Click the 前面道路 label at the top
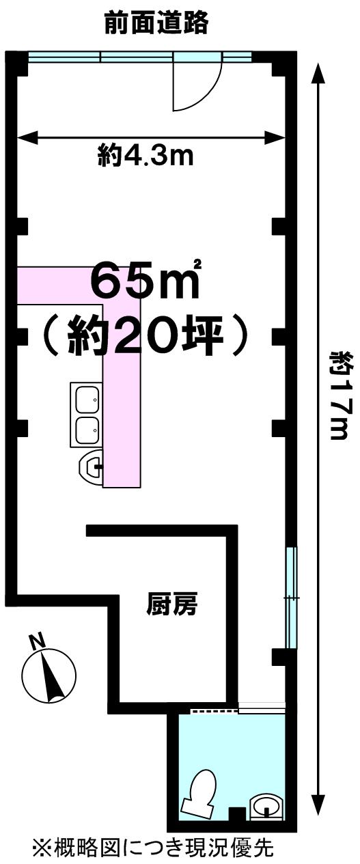coord(156,23)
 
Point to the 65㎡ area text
coord(146,281)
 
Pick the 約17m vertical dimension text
coord(339,395)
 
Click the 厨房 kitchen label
coord(172,604)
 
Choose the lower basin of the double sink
coord(87,430)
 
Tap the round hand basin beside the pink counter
coord(91,467)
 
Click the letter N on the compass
coord(37,641)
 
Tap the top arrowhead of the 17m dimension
coord(318,72)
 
